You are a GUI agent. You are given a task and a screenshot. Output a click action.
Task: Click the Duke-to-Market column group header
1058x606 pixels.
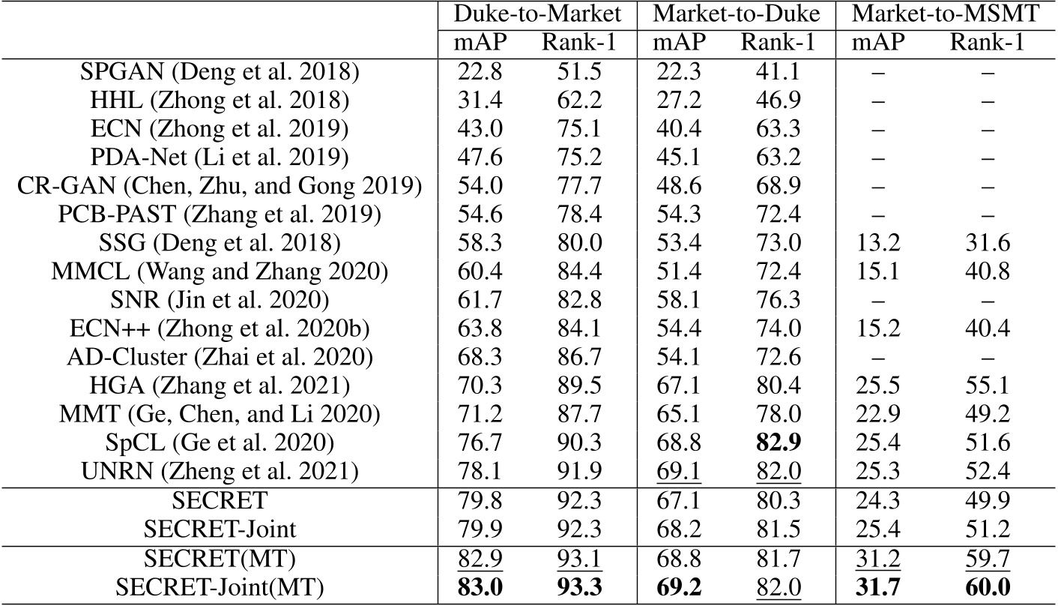coord(536,14)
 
